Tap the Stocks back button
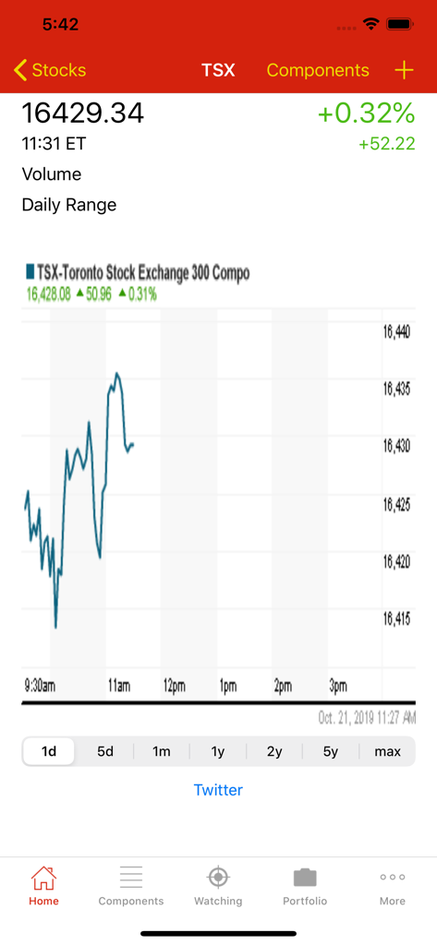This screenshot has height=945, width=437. coord(50,70)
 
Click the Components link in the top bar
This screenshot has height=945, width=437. coord(317,70)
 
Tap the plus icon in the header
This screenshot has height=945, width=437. coord(404,70)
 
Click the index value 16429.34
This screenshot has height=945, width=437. coord(83,113)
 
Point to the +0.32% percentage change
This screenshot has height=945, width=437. coord(366,113)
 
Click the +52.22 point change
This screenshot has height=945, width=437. coord(386,144)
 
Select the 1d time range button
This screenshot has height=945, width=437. coord(49,751)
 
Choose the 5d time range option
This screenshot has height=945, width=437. coord(105,751)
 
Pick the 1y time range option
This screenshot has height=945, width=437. coord(218,751)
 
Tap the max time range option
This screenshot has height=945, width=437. coord(387,751)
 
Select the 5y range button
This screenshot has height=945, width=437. coord(331,751)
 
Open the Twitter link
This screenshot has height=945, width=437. coord(218,790)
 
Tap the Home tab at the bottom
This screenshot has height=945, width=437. coord(43,886)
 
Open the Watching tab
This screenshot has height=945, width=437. coord(218,886)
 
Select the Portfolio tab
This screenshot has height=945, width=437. coord(305,886)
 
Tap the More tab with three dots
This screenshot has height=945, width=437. coord(392,886)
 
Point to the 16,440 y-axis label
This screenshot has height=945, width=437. coord(396,332)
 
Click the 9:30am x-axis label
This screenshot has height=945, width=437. coord(40,686)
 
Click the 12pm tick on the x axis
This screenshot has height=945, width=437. coord(174,686)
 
